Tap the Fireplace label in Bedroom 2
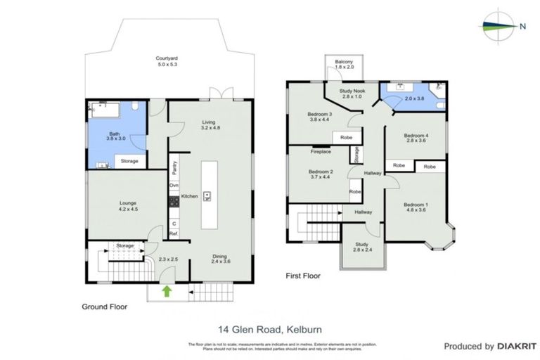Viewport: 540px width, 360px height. point(321,151)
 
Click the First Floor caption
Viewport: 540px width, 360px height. point(303,276)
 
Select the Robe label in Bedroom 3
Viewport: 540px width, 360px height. point(345,138)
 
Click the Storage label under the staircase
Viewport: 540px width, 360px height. point(125,245)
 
